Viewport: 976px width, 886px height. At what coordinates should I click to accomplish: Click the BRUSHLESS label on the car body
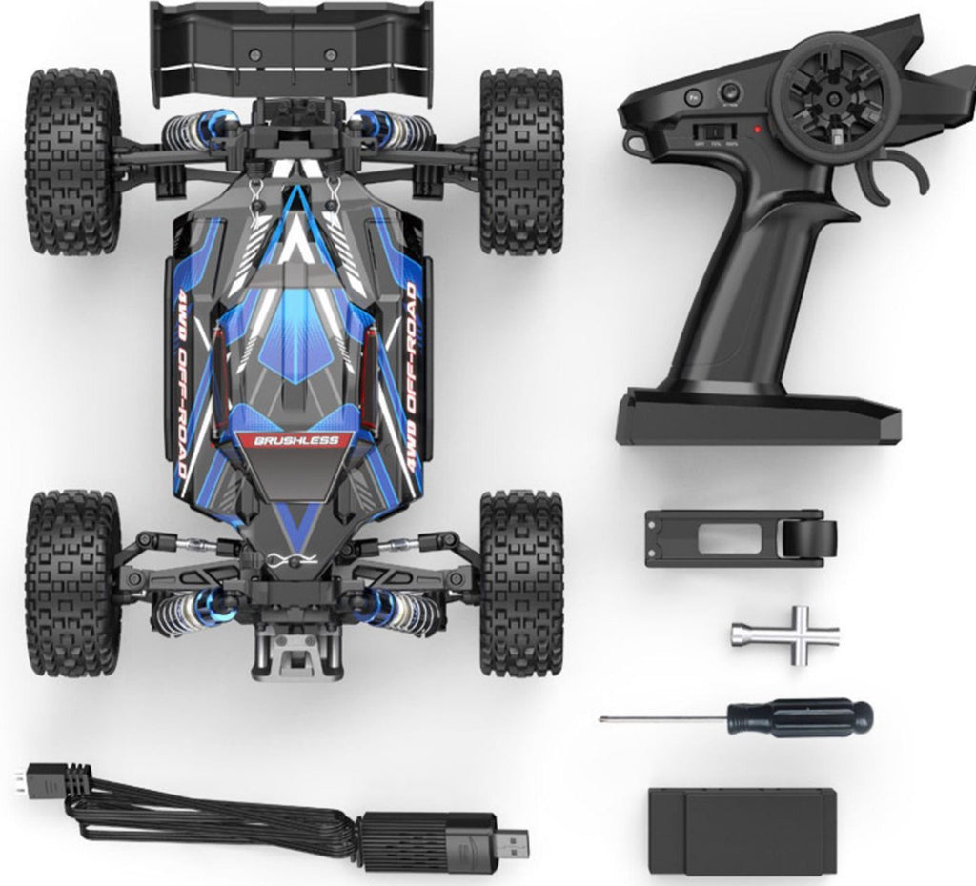click(x=296, y=441)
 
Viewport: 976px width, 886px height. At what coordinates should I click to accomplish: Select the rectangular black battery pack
click(x=742, y=831)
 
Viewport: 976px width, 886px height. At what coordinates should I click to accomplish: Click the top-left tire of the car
click(x=72, y=160)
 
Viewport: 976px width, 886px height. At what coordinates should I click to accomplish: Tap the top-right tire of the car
click(x=520, y=160)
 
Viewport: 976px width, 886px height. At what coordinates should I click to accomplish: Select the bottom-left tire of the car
click(x=72, y=583)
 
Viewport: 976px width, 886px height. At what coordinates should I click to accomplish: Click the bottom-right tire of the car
click(x=520, y=583)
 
